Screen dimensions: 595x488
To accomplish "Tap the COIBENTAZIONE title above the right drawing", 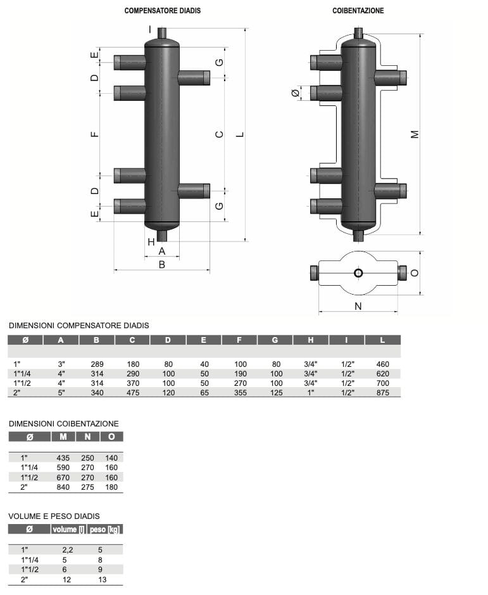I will (x=358, y=11).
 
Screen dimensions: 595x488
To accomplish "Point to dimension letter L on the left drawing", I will (x=240, y=134).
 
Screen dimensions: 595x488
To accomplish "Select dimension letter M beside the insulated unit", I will (x=415, y=134).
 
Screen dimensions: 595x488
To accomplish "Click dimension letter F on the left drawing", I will (x=94, y=134).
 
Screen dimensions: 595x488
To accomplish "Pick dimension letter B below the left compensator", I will (x=161, y=265).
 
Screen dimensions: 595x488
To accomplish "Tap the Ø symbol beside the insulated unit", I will (x=295, y=94).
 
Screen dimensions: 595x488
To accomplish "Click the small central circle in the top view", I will (x=358, y=273).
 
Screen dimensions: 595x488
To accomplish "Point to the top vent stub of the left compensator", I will (x=161, y=33).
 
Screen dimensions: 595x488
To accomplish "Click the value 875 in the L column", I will (x=382, y=393).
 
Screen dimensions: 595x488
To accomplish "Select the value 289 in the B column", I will (x=97, y=364).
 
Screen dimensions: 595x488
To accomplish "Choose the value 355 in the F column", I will (x=240, y=393).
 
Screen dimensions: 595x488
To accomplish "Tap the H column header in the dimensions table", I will (x=311, y=340).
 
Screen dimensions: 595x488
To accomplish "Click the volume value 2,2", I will (x=66, y=551).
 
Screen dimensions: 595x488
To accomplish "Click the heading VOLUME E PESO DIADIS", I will (x=54, y=516).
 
